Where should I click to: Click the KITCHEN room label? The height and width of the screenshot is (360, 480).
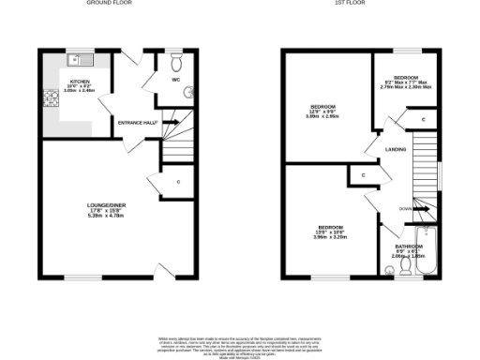(x=79, y=82)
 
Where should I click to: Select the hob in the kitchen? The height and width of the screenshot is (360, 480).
(x=47, y=98)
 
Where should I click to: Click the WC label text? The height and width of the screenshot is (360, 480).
(x=175, y=80)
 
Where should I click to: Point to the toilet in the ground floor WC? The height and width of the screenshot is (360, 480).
(x=189, y=92)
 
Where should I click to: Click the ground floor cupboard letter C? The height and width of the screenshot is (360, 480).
(x=177, y=180)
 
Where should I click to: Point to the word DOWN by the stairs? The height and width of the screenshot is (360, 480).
(x=405, y=208)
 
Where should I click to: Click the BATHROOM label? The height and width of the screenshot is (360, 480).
(x=407, y=245)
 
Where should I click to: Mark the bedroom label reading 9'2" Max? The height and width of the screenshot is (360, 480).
(x=404, y=82)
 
